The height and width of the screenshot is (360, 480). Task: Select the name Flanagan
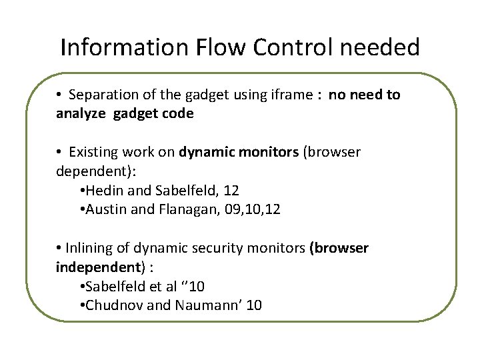tap(180, 209)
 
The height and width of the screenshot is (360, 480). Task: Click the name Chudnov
tap(111, 305)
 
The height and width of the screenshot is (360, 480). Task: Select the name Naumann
tap(201, 305)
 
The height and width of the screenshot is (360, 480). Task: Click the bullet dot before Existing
tap(59, 153)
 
